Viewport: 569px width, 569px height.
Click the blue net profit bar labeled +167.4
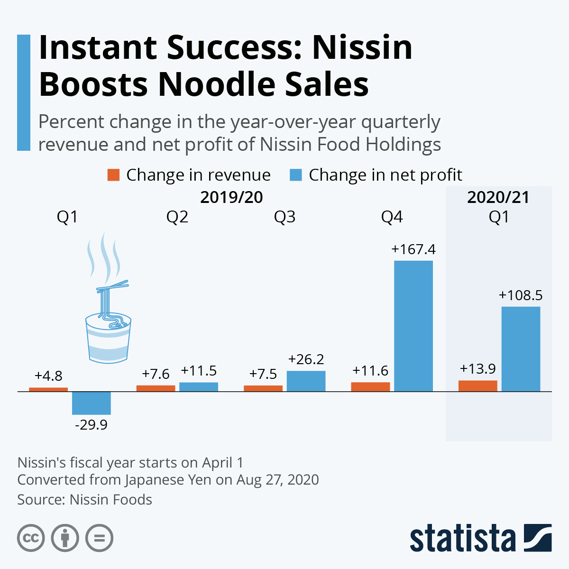(x=413, y=326)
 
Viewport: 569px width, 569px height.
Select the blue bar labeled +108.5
(x=521, y=349)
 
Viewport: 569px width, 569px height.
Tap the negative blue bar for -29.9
(x=92, y=403)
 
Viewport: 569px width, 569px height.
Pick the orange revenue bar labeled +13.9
(x=477, y=386)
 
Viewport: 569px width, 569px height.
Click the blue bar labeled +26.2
(x=306, y=381)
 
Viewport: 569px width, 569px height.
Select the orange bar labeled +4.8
(x=48, y=389)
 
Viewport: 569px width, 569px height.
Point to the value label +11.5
(x=199, y=371)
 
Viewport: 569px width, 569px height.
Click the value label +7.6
(x=156, y=374)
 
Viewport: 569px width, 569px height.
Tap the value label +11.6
(x=370, y=371)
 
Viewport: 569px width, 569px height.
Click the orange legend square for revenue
(x=113, y=175)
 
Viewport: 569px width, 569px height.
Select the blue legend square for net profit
(x=295, y=175)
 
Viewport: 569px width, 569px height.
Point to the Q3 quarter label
(x=284, y=217)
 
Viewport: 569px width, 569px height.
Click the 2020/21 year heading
(x=498, y=197)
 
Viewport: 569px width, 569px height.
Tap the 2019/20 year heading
(x=231, y=197)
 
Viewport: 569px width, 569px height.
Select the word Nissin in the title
(x=362, y=47)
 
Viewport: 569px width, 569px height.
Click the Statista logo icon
(x=538, y=538)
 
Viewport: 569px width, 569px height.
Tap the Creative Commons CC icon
(x=31, y=539)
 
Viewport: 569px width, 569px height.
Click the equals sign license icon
(x=100, y=539)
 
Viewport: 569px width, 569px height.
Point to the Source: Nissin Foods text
(x=85, y=500)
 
